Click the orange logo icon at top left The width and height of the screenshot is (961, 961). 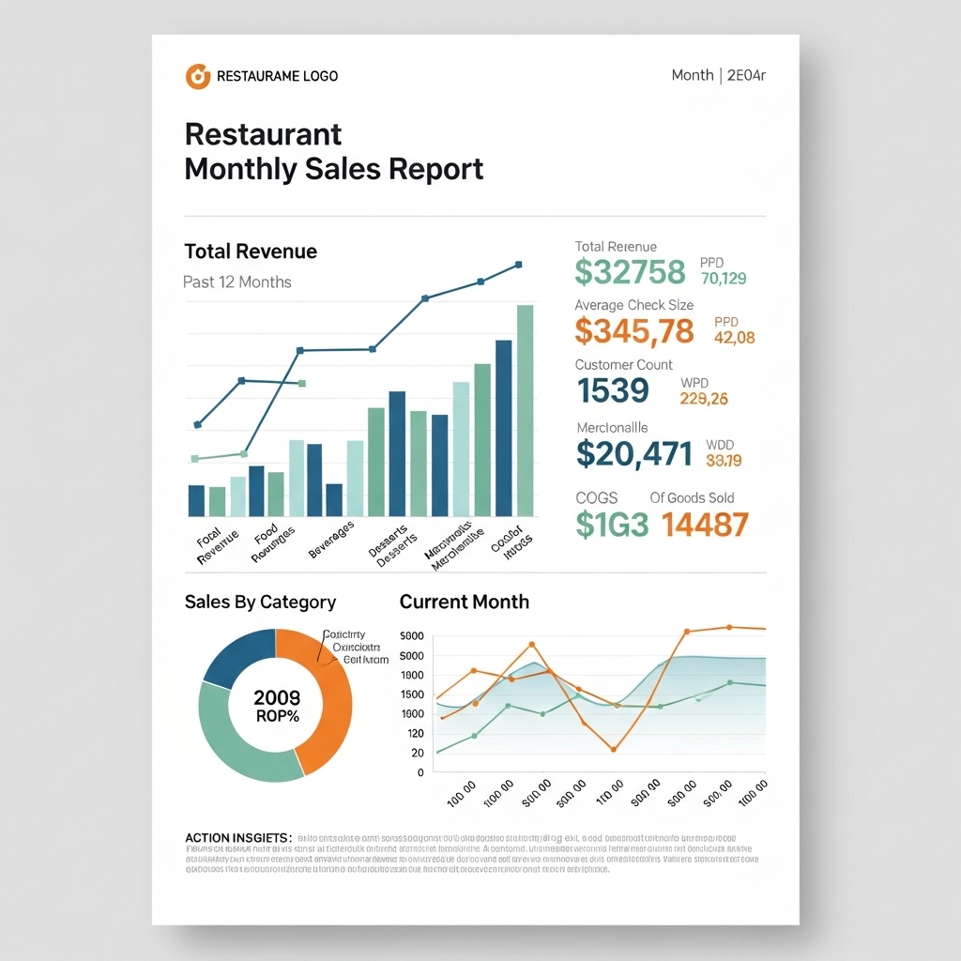pyautogui.click(x=197, y=76)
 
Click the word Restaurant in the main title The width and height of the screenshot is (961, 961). pyautogui.click(x=263, y=134)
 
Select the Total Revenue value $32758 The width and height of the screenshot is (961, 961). pyautogui.click(x=630, y=271)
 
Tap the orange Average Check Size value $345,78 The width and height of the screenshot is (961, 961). pyautogui.click(x=634, y=330)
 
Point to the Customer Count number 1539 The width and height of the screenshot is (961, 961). pyautogui.click(x=613, y=389)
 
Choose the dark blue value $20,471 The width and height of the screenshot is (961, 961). pyautogui.click(x=633, y=454)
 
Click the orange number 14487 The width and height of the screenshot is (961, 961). pyautogui.click(x=705, y=525)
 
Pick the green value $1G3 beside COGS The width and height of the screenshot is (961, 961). pyautogui.click(x=611, y=525)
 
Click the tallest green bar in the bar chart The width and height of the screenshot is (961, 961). pyautogui.click(x=525, y=410)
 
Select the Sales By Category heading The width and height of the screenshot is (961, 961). pyautogui.click(x=260, y=602)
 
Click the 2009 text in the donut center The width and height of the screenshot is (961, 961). pyautogui.click(x=277, y=697)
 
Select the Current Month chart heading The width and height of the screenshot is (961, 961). pyautogui.click(x=464, y=602)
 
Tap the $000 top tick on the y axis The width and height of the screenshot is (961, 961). pyautogui.click(x=412, y=636)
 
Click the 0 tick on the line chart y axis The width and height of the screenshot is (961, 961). pyautogui.click(x=420, y=771)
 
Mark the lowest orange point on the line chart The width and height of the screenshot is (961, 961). pyautogui.click(x=613, y=749)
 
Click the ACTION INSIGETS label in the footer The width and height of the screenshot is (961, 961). pyautogui.click(x=238, y=837)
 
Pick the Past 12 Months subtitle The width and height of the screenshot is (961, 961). pyautogui.click(x=236, y=282)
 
